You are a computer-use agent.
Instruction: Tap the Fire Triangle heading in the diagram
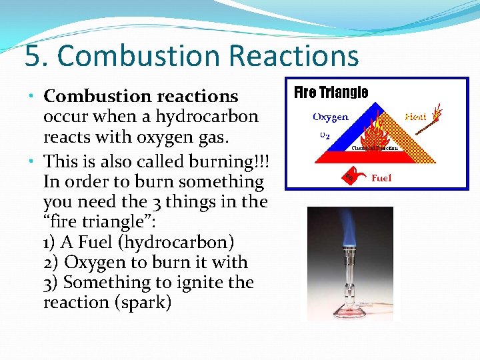tap(331, 93)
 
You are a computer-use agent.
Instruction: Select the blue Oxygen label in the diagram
tap(331, 117)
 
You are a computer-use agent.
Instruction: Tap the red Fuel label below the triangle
tap(381, 178)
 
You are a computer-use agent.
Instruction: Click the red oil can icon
tap(351, 177)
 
